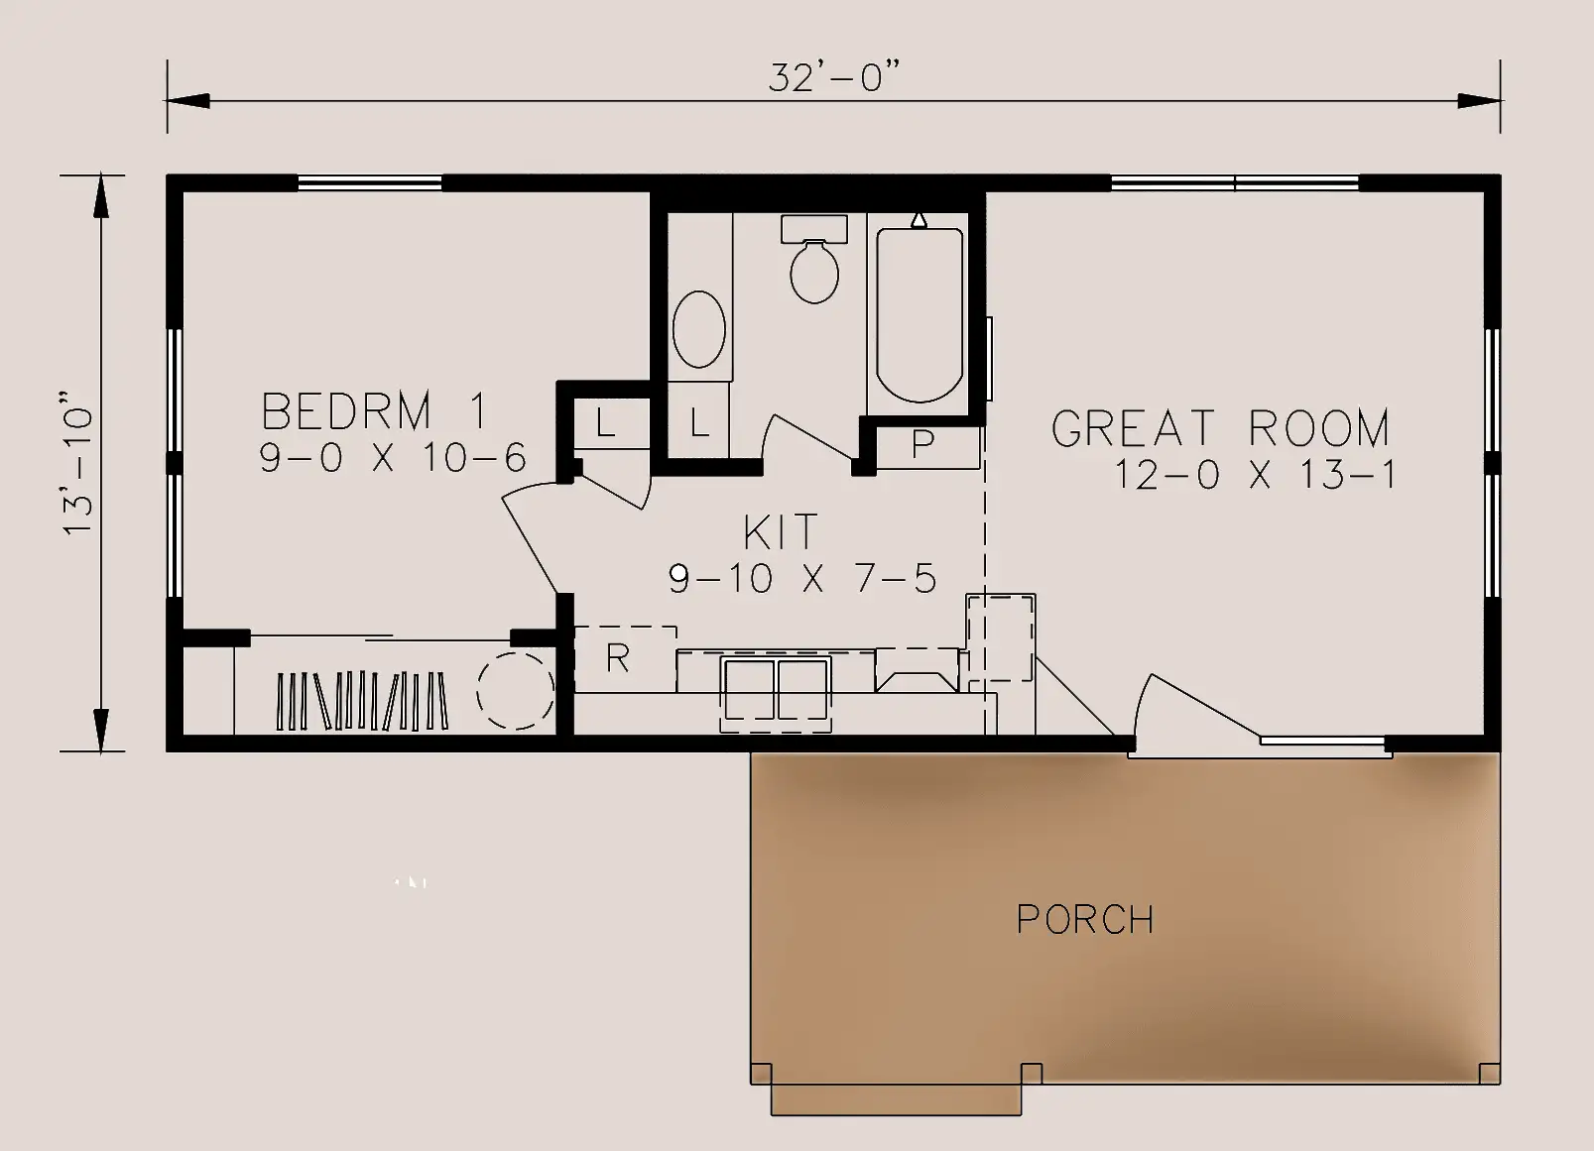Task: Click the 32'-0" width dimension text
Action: pos(834,76)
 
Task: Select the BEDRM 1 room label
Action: pos(374,410)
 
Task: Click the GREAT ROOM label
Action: pos(1220,427)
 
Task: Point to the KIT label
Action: pos(781,531)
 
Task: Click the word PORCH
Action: pos(1085,919)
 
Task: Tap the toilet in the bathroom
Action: pos(814,259)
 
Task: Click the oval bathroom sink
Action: pos(698,329)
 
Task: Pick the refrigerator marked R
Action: pos(624,659)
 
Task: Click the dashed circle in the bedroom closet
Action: pos(515,690)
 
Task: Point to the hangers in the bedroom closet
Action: pos(362,701)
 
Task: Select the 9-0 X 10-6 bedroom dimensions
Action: pos(392,457)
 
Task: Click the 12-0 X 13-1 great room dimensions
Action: pos(1255,475)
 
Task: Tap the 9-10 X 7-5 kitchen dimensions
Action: pos(802,578)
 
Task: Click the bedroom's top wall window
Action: pos(370,182)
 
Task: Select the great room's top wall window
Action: pos(1235,182)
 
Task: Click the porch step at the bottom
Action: pos(897,1099)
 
